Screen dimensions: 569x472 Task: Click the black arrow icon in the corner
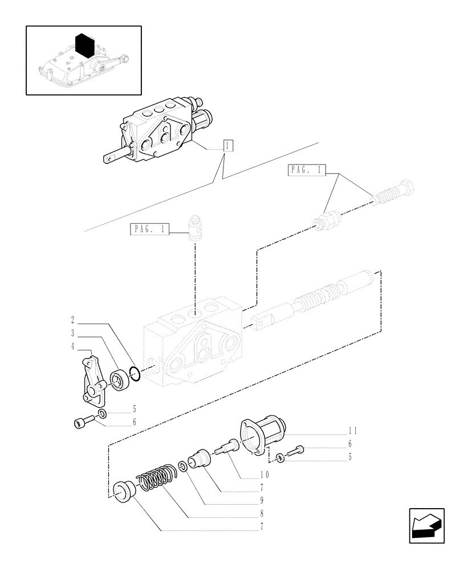426,526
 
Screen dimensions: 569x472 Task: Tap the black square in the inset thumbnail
84,44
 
